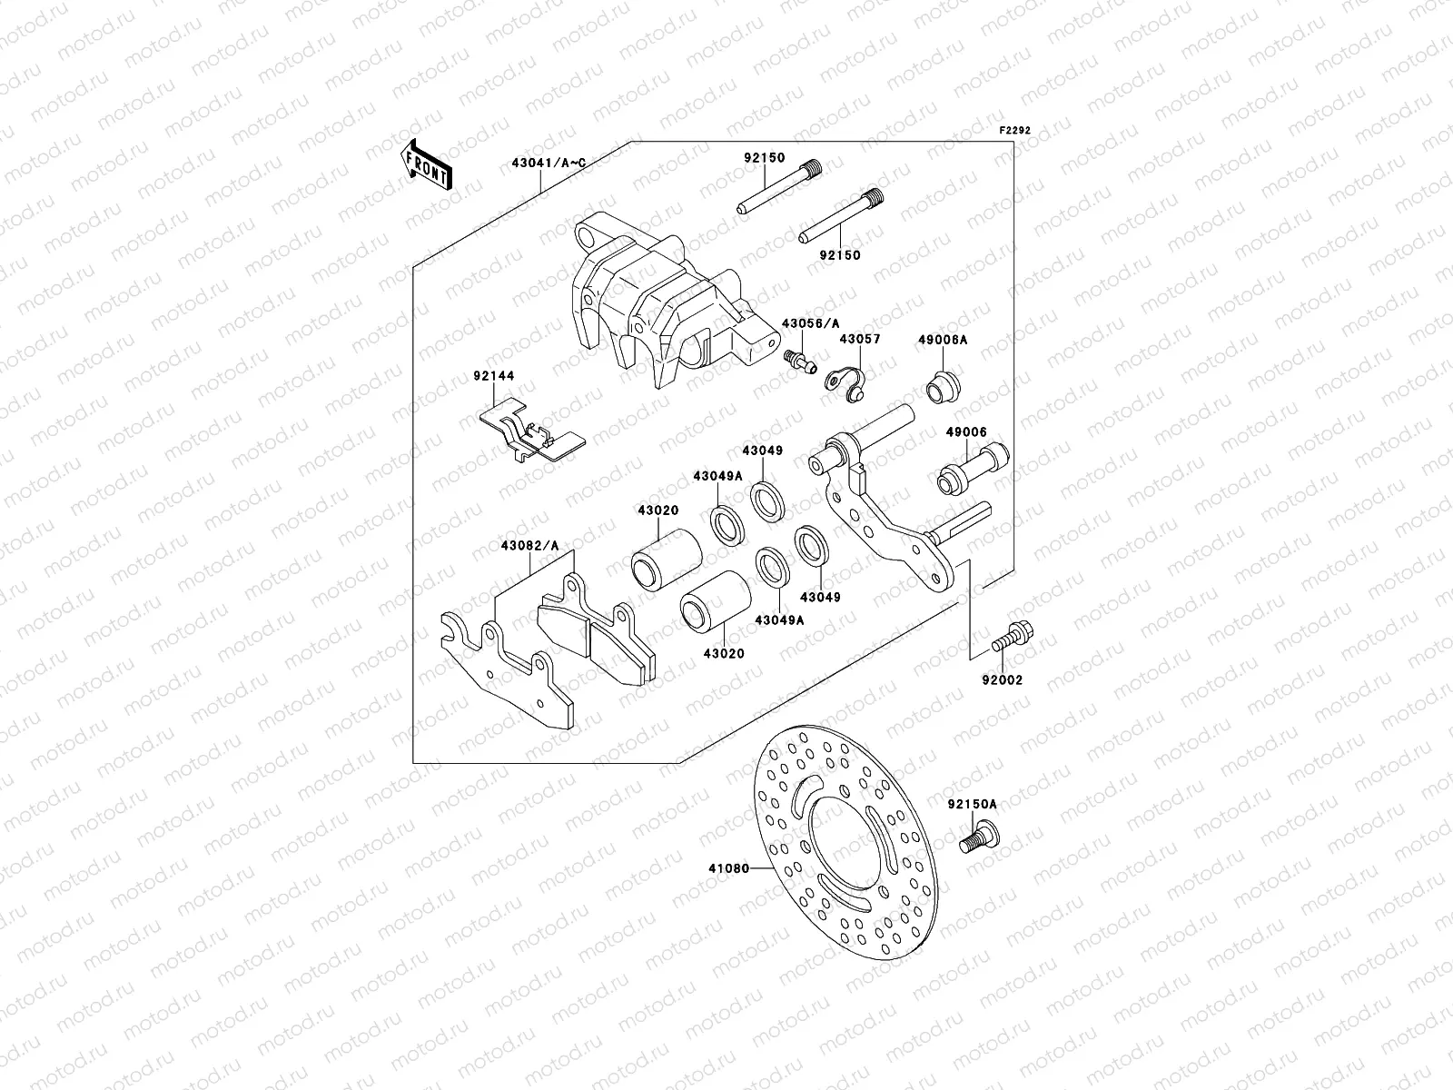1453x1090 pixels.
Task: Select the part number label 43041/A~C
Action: (555, 163)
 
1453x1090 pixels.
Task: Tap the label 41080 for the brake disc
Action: (728, 868)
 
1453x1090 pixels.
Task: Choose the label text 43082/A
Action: (529, 545)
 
